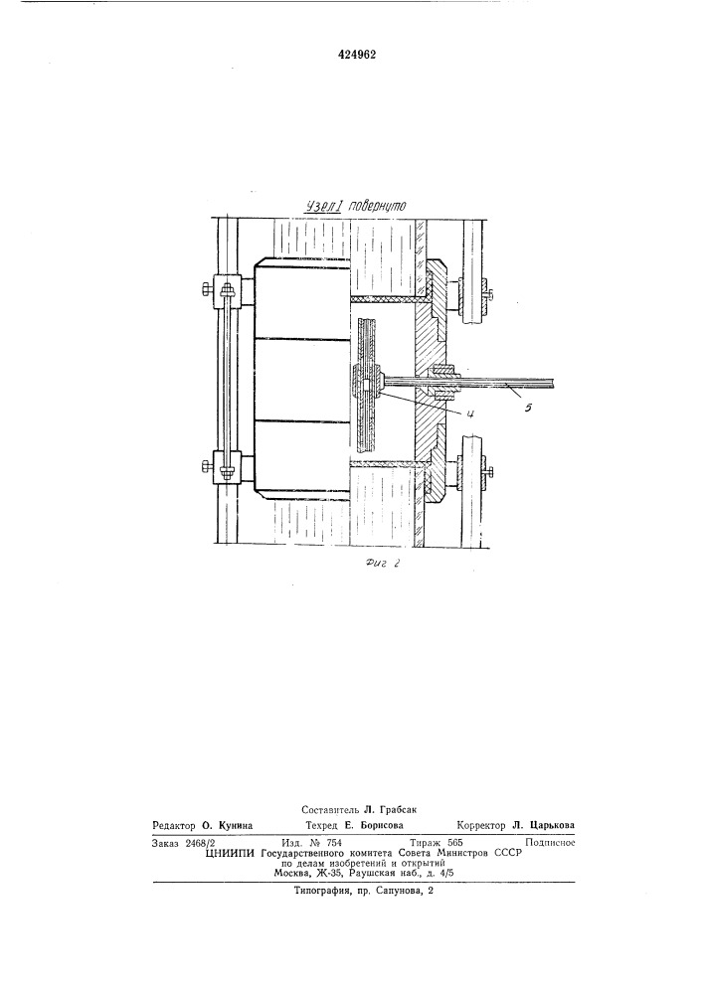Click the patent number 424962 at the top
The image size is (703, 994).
pyautogui.click(x=356, y=55)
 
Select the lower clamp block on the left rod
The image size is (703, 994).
pyautogui.click(x=227, y=469)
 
